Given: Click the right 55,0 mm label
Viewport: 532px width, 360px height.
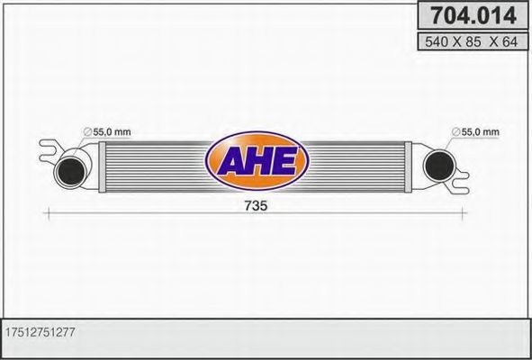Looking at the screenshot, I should (x=481, y=132).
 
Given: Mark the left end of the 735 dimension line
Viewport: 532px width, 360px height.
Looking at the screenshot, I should (x=46, y=213).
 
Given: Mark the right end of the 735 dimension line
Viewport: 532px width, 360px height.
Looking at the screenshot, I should (x=465, y=213).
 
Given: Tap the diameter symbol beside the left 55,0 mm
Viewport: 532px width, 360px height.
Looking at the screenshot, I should (x=87, y=133).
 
